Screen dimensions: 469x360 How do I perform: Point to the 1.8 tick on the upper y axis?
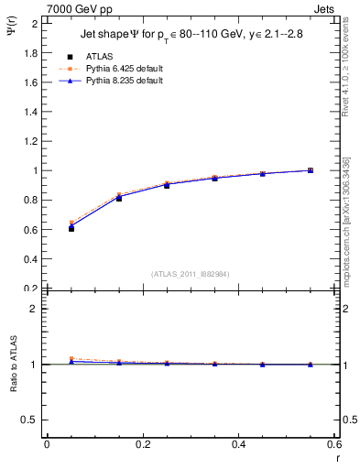point(32,52)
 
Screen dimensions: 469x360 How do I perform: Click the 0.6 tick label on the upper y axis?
point(32,229)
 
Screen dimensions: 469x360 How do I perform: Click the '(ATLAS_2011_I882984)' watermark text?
point(190,274)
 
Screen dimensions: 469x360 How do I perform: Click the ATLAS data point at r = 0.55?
point(311,170)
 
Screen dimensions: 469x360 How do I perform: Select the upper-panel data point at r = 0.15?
point(119,197)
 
